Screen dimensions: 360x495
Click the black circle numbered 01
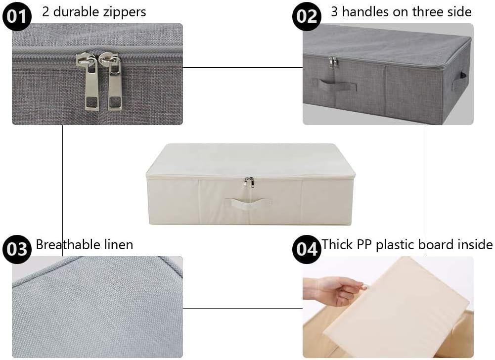17,16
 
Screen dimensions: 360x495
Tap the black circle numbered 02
307,16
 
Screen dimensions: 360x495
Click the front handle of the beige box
248,202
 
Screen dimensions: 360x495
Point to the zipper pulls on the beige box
250,182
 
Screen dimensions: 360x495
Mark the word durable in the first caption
76,12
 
